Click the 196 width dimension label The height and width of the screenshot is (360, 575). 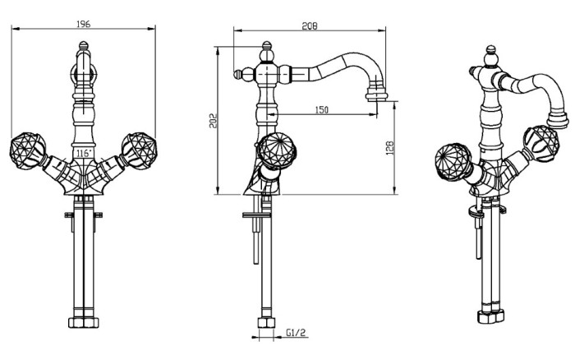coord(83,24)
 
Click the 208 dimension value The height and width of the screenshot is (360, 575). coord(310,26)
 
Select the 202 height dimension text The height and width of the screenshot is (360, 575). coord(213,121)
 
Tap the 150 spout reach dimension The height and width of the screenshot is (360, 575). coord(322,109)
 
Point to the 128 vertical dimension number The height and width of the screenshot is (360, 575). coord(389,148)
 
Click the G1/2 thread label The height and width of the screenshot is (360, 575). coord(296,333)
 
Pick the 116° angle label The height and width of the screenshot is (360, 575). coord(84,153)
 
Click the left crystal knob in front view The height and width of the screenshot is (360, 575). coord(27,150)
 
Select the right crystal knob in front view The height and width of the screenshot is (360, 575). coord(139,150)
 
